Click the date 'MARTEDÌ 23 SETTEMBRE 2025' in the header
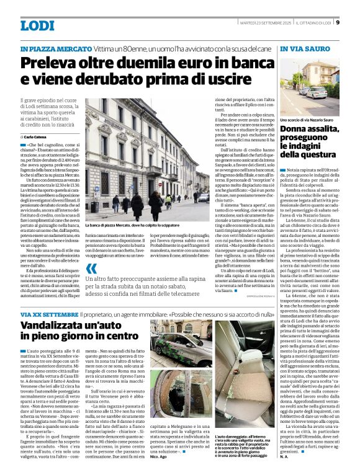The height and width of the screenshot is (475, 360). pyautogui.click(x=265, y=23)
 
